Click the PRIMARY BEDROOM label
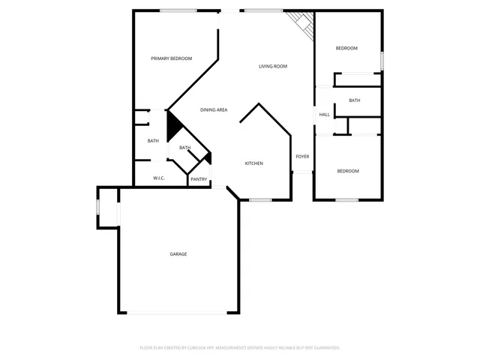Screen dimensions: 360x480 [x=171, y=58]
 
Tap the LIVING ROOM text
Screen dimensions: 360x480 [x=273, y=67]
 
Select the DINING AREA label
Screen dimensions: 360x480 [x=214, y=110]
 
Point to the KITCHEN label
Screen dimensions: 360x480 [x=254, y=163]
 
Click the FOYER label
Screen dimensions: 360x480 [x=302, y=157]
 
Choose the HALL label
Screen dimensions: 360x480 [x=325, y=115]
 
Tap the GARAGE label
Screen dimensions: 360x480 [x=178, y=254]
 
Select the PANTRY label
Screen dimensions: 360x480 [x=199, y=179]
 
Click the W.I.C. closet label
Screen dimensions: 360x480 [x=159, y=178]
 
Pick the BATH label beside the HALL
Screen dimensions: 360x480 [x=355, y=100]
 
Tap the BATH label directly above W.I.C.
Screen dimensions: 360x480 [x=153, y=141]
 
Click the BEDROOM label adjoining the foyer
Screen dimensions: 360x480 [x=348, y=171]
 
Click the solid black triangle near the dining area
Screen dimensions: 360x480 [x=172, y=125]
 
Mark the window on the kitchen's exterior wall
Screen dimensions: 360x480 [x=260, y=199]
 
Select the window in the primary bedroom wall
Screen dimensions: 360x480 [x=178, y=10]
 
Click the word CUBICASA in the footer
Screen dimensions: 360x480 [x=196, y=348]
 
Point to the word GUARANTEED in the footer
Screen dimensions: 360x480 [x=324, y=348]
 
